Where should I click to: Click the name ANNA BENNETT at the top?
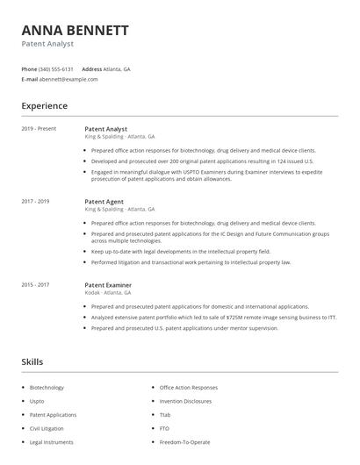75,30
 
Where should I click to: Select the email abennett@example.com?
68,79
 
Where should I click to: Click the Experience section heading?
44,106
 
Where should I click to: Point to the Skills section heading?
33,361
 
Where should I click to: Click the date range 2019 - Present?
39,129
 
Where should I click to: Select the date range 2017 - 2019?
35,202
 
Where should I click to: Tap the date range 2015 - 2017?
35,285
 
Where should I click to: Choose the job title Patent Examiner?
108,285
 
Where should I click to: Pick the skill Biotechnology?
47,387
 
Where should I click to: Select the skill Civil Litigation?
47,429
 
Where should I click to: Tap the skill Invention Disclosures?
185,401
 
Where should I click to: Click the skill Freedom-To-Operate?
186,443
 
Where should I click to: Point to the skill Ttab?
165,415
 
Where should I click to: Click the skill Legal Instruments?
51,443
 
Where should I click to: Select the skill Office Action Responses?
188,387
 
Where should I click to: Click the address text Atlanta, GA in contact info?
118,68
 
